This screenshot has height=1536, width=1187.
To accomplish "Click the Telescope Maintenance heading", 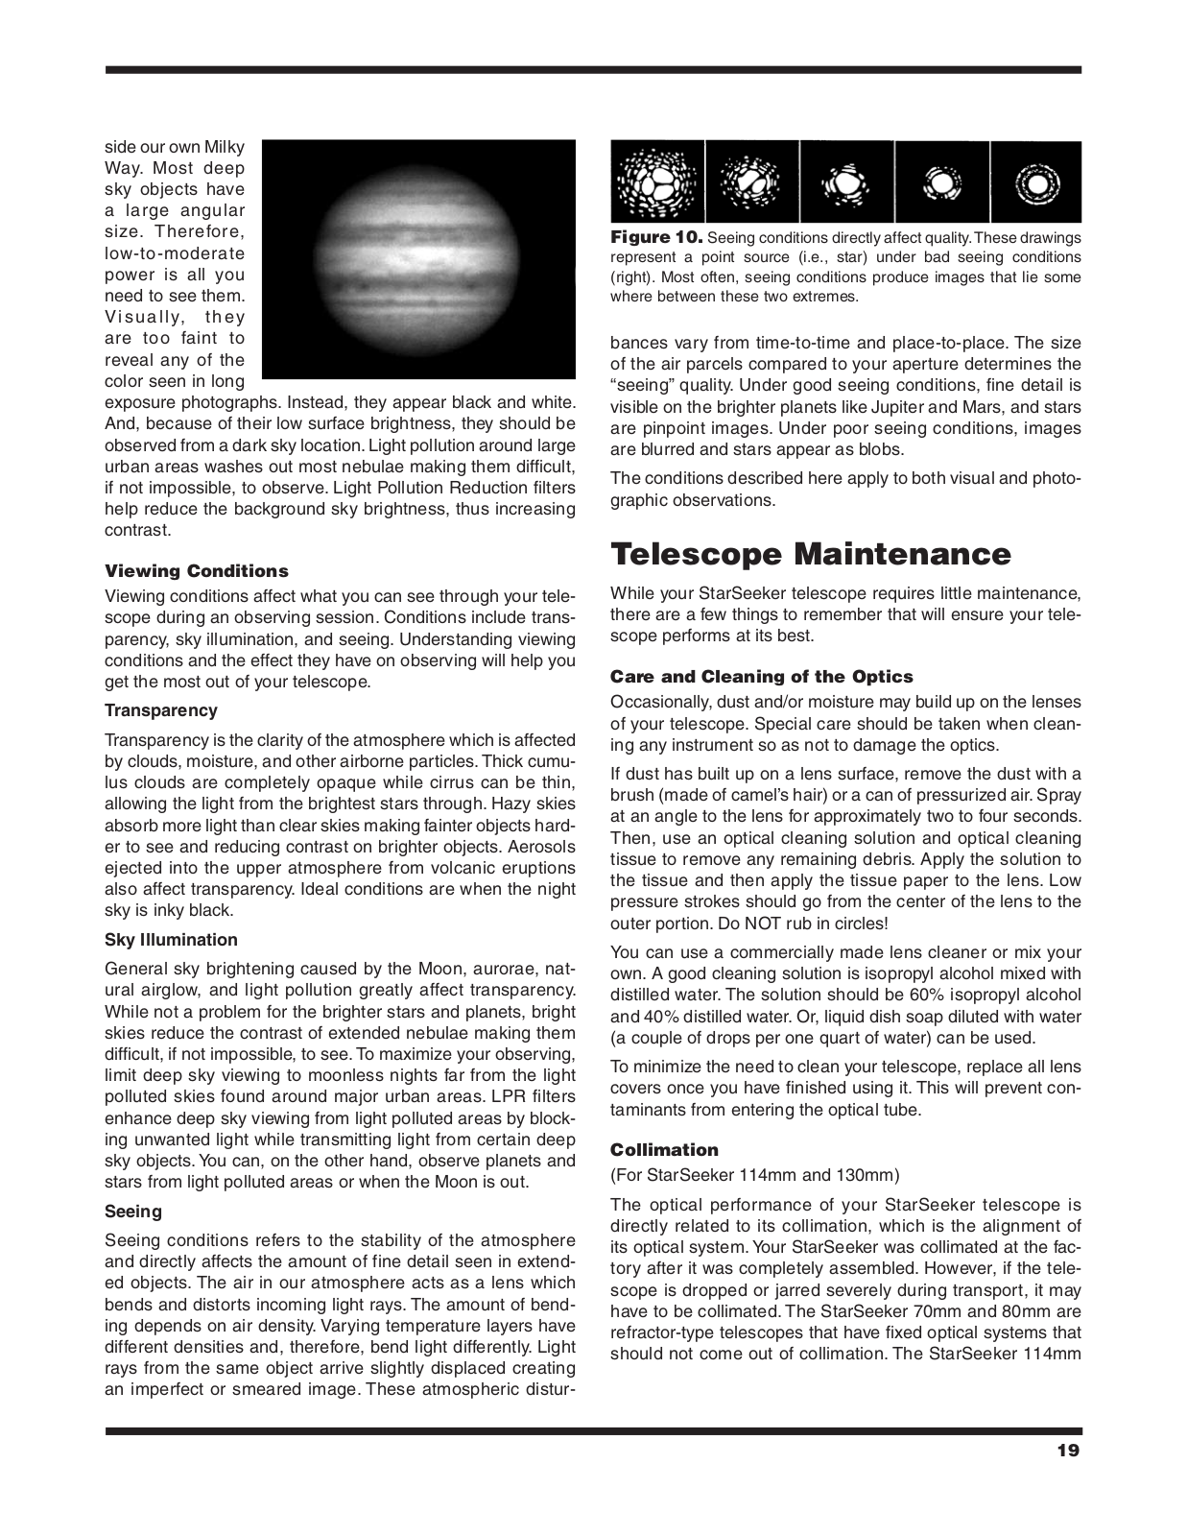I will click(810, 555).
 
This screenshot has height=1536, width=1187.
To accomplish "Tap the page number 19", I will click(1068, 1451).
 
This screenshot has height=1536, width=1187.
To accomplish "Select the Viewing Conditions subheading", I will click(196, 571).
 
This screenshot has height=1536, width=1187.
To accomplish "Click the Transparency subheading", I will click(160, 710).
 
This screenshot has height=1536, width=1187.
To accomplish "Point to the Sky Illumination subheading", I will click(171, 940).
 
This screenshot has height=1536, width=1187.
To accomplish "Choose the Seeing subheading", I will click(133, 1212).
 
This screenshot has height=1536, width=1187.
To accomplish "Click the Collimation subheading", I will click(664, 1150).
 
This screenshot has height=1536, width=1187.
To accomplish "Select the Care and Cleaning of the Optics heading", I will click(761, 677).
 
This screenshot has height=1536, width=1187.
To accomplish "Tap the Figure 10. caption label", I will click(656, 237).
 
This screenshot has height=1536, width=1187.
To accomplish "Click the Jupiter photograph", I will click(418, 259).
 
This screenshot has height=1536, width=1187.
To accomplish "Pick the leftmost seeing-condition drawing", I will click(657, 182).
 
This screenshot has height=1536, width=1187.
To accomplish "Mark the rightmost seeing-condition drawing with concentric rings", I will click(1036, 182).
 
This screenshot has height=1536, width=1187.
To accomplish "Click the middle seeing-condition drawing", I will click(846, 182).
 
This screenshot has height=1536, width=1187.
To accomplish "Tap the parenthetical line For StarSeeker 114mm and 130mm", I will click(754, 1175).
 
